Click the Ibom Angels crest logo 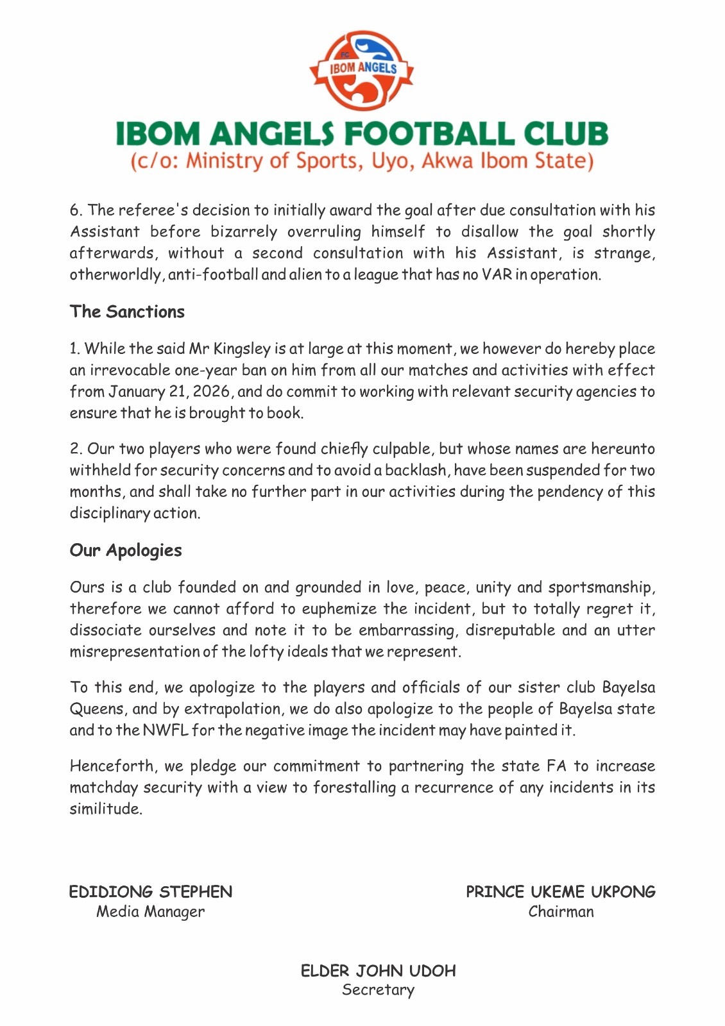362,69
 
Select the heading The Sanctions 127,312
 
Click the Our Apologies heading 126,550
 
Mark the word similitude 105,809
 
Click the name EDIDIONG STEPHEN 151,892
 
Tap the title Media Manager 151,912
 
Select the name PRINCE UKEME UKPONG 561,892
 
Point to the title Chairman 561,912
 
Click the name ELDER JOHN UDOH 378,971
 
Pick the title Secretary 378,990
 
